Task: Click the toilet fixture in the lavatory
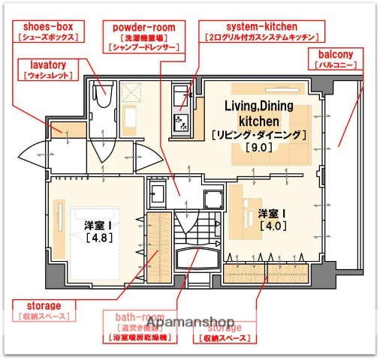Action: coord(102,96)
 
